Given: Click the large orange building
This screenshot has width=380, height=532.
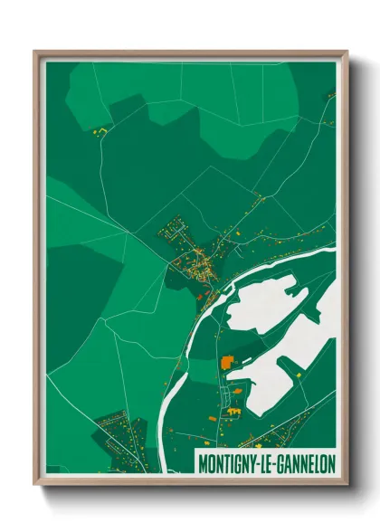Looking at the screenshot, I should click(x=225, y=362).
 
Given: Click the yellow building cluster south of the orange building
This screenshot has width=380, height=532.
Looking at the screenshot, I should click(x=233, y=412).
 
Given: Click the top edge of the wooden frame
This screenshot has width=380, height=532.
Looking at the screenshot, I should click(x=190, y=53).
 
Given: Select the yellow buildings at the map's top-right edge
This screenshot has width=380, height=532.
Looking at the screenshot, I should click(x=331, y=94).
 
